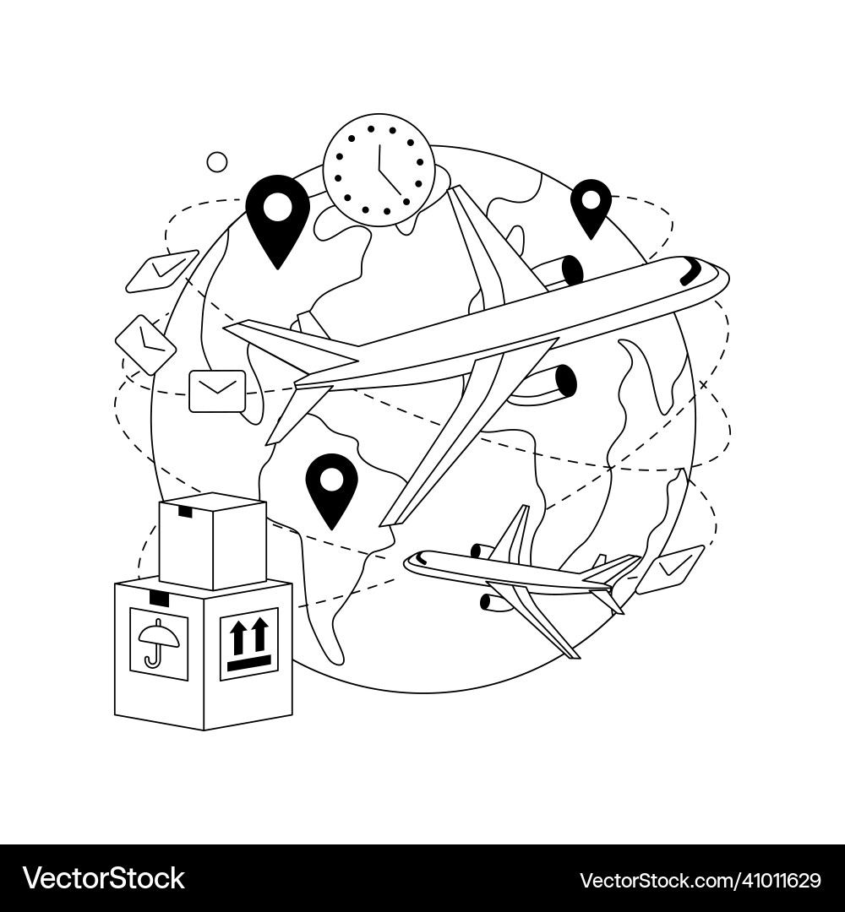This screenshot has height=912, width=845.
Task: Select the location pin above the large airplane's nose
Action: (591, 207)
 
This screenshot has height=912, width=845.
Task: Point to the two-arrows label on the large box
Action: (249, 643)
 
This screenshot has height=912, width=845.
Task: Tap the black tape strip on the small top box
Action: (185, 512)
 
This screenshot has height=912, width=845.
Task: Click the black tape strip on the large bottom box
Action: (159, 598)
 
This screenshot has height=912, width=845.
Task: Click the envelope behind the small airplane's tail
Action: (670, 569)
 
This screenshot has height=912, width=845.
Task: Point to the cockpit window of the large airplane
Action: (692, 272)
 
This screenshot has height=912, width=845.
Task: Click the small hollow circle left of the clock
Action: (217, 162)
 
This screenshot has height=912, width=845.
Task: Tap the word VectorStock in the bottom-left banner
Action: (103, 878)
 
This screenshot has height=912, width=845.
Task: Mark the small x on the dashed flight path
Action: (703, 384)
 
